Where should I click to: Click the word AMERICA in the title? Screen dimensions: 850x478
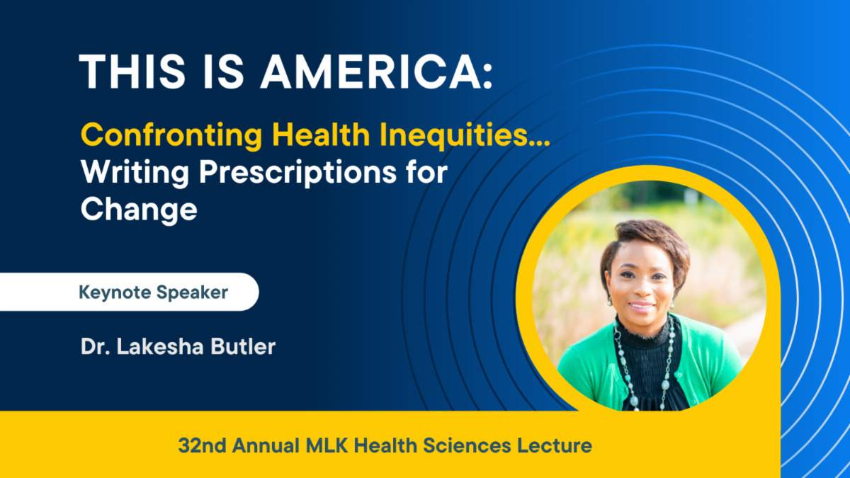coord(371,72)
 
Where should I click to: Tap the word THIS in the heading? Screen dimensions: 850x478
coord(132,72)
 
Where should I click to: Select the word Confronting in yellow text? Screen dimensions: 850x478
coord(171,135)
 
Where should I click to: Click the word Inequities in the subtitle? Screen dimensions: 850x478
coord(465,135)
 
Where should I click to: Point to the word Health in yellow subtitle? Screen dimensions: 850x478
coord(321,135)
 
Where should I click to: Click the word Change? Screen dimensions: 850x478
coord(139,210)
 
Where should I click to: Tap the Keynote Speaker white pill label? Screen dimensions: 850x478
coord(130,292)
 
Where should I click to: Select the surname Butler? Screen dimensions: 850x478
coord(243,346)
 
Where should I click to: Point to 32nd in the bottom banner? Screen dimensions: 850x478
coord(203,445)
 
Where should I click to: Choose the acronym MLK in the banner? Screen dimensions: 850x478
coord(327,445)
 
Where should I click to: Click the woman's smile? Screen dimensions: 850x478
coord(641,305)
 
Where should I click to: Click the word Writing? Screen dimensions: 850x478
coord(135,173)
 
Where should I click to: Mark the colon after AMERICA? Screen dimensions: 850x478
coord(488,76)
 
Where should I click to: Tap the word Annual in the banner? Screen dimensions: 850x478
coord(266,445)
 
